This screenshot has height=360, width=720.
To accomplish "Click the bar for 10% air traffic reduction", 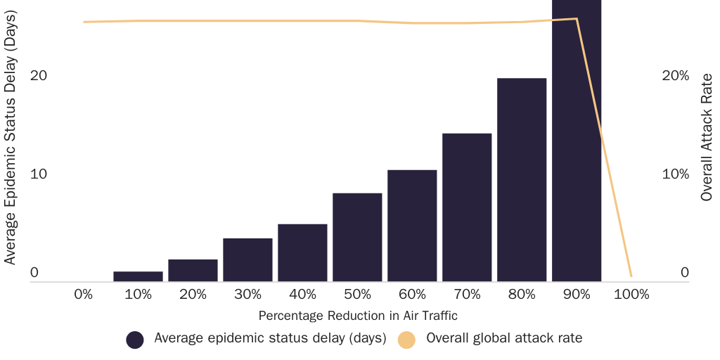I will (x=138, y=276).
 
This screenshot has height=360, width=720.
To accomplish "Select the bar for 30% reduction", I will (x=247, y=260).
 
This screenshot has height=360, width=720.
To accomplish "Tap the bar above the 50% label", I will (x=357, y=237).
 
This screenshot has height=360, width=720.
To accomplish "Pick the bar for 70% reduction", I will (x=467, y=207).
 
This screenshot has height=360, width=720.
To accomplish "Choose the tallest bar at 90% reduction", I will (x=577, y=141).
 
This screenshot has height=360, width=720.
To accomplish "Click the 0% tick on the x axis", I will (x=83, y=295).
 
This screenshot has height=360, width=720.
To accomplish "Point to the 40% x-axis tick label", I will (x=302, y=295).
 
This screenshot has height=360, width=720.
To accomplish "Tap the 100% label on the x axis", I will (x=631, y=295).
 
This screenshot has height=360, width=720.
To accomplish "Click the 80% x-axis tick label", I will (x=522, y=295).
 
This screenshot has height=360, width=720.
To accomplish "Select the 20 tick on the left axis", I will (x=39, y=75).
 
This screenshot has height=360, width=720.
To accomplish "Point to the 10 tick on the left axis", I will (x=39, y=174).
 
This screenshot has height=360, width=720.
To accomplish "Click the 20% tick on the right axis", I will (x=676, y=75).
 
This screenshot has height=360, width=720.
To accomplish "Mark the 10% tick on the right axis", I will (x=676, y=174).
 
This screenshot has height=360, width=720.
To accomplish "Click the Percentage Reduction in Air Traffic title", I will (x=358, y=316).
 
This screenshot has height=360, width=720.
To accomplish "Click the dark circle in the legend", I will (x=135, y=339).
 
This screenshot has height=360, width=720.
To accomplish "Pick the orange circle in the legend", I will (x=406, y=339).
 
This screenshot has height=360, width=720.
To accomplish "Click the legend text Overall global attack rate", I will (x=504, y=338).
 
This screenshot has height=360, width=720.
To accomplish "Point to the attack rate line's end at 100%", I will (x=631, y=276).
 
